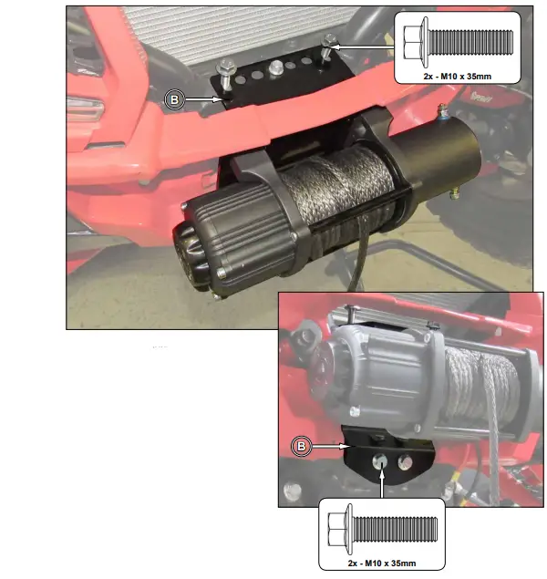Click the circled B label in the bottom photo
click(302, 447)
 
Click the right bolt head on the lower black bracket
click(401, 460)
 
